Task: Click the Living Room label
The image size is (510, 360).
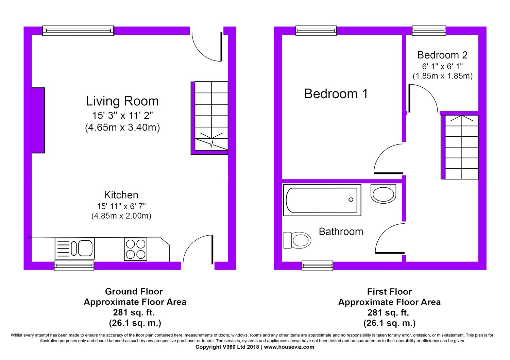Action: click(x=122, y=101)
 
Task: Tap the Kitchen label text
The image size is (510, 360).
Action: click(x=121, y=195)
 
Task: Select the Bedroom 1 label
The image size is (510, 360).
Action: click(x=336, y=93)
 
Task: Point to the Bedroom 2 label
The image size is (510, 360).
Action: click(x=442, y=55)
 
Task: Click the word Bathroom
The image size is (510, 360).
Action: click(x=341, y=232)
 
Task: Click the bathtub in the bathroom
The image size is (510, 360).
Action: click(x=322, y=200)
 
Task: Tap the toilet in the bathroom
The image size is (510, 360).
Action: click(x=297, y=240)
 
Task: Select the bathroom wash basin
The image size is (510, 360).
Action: click(x=384, y=193)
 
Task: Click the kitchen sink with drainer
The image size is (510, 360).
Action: click(x=75, y=248)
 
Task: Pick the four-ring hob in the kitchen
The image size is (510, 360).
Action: click(x=135, y=249)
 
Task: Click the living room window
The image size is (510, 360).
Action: click(x=78, y=31)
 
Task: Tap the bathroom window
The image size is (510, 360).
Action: click(x=317, y=265)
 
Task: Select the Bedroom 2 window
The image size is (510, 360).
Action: click(x=429, y=31)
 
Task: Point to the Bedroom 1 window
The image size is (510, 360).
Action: click(x=316, y=31)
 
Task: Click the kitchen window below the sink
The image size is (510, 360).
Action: click(x=74, y=265)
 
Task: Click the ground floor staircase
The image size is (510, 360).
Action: click(x=209, y=118)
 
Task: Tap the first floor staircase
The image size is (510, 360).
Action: click(x=460, y=147)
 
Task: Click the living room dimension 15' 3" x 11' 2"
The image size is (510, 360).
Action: click(x=122, y=116)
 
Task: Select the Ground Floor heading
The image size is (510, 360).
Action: click(x=134, y=291)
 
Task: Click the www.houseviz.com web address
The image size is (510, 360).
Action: click(x=289, y=347)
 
